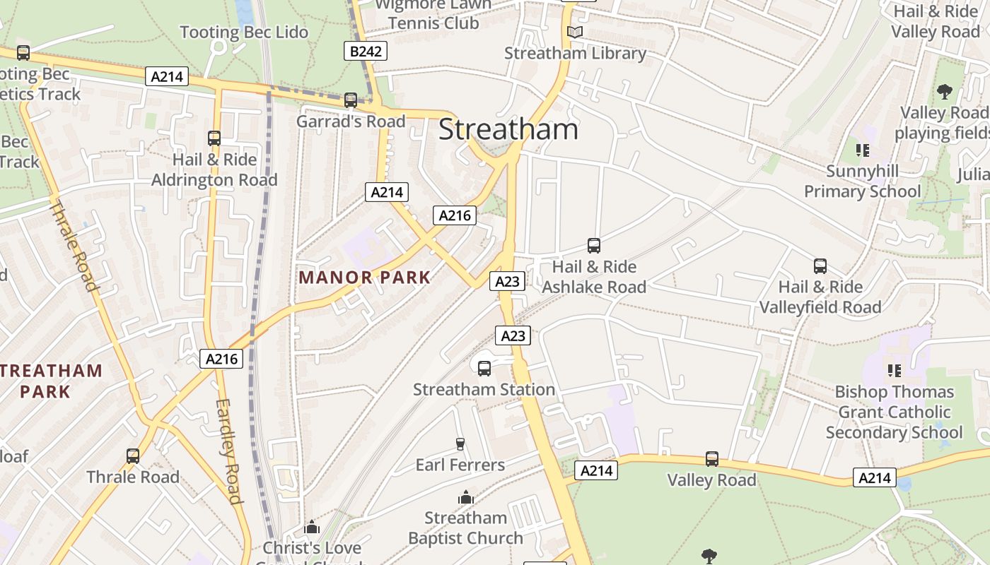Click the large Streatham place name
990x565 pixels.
click(508, 130)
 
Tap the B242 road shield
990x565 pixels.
click(366, 51)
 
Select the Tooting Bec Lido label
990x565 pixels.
click(244, 32)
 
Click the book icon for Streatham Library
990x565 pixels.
click(575, 32)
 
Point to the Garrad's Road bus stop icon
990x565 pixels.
click(351, 100)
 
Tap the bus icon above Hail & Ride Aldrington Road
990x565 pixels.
click(214, 138)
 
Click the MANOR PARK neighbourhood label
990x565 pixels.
click(365, 278)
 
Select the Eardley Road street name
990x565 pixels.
click(229, 451)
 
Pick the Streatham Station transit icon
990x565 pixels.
click(484, 368)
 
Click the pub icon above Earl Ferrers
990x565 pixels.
click(460, 444)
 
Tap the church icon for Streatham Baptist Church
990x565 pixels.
click(465, 498)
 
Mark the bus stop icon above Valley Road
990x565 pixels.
click(712, 459)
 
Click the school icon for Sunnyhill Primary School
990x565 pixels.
click(862, 150)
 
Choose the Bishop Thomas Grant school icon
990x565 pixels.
click(894, 370)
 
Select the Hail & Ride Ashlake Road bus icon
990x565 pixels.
click(594, 246)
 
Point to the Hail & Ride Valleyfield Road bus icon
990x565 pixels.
click(820, 266)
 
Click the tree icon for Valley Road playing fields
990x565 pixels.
click(944, 91)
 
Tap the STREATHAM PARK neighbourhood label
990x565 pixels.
click(51, 381)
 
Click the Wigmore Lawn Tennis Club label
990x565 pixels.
click(433, 13)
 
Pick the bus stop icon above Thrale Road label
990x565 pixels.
click(133, 456)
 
